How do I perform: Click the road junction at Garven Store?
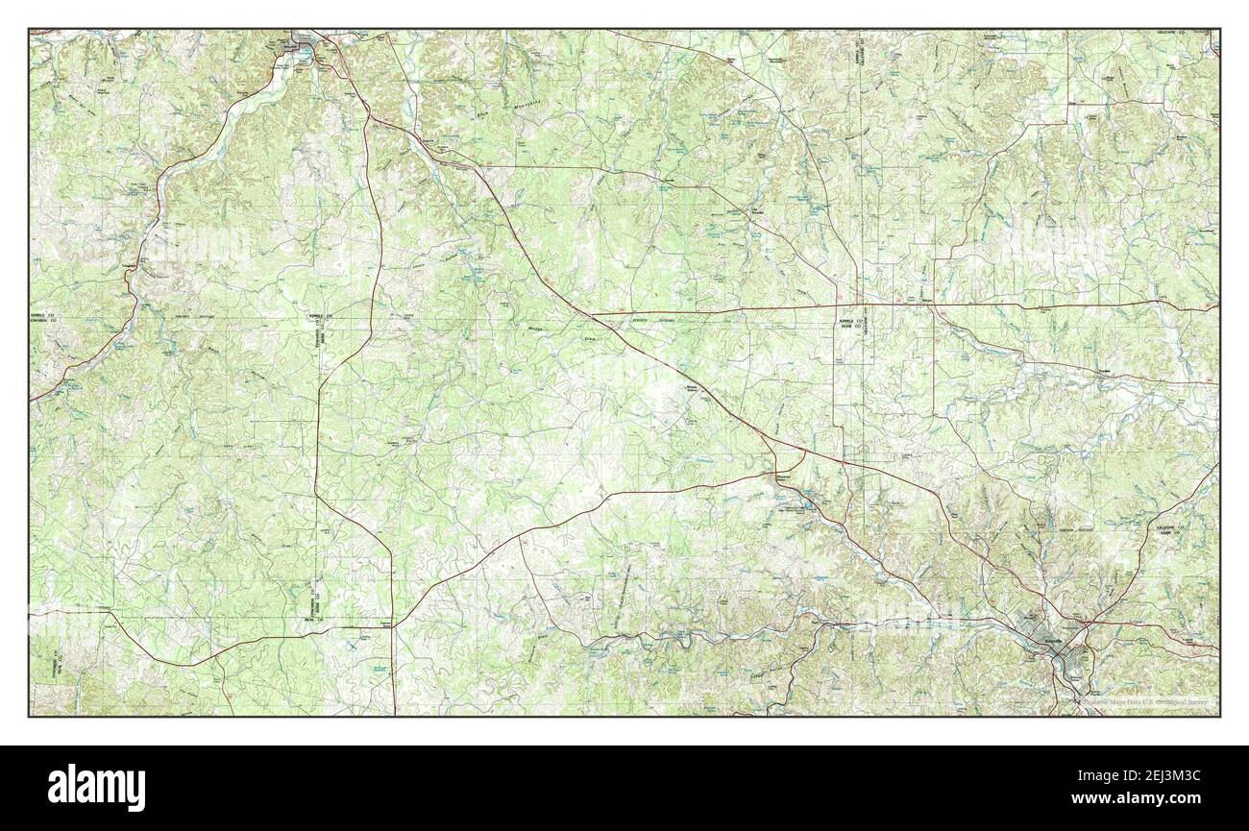[392, 627]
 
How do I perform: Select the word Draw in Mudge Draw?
[593, 338]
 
